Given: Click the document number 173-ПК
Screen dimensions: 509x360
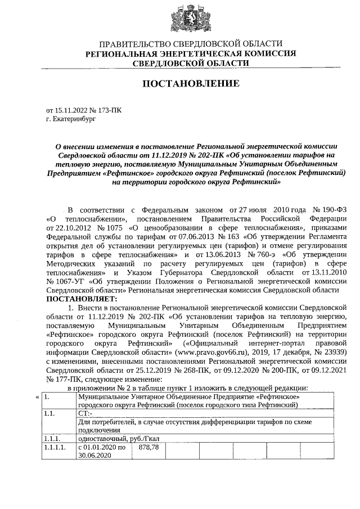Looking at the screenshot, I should click(x=109, y=111).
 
